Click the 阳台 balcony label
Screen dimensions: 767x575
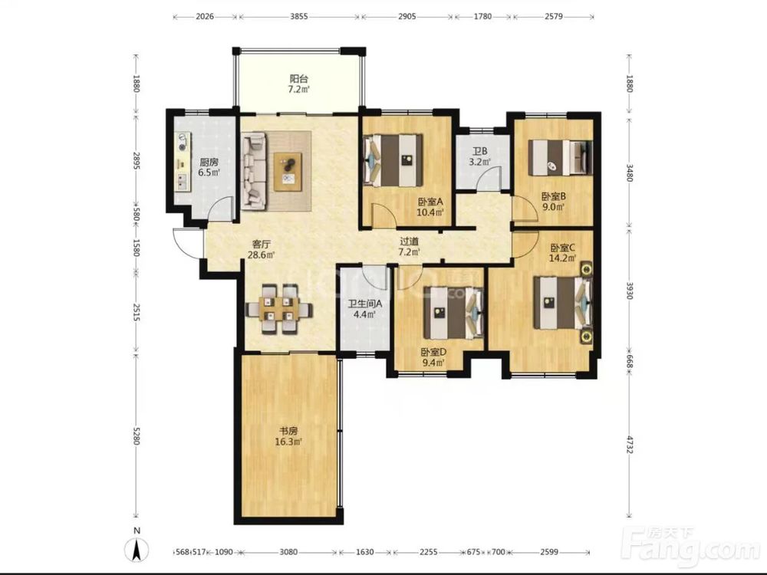click(x=299, y=79)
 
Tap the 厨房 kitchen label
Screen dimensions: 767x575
click(x=209, y=162)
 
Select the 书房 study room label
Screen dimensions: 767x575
click(x=288, y=431)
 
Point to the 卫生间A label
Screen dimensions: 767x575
click(x=365, y=304)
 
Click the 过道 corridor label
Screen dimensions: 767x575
click(x=410, y=241)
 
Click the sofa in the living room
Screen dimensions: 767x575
click(x=253, y=171)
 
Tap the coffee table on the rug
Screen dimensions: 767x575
click(x=288, y=172)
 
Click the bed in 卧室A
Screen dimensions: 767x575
click(x=393, y=161)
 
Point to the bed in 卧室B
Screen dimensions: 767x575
click(x=561, y=157)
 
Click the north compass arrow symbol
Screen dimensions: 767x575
click(x=137, y=549)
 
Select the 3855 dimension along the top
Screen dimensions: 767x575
click(x=299, y=16)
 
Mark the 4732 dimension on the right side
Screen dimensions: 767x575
click(x=630, y=442)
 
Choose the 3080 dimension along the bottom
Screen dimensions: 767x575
click(x=288, y=552)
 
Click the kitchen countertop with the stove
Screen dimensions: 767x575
click(x=183, y=162)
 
